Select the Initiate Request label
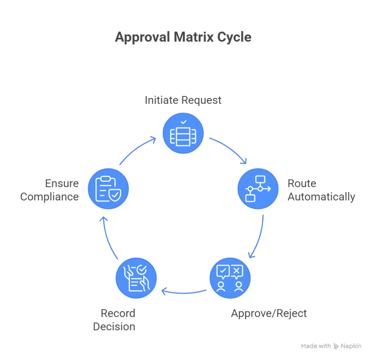pos(183,100)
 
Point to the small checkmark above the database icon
pos(184,122)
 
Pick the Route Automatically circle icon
pos(258,189)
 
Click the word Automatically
pos(321,197)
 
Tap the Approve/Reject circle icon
pos(230,278)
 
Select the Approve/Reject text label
pos(269,313)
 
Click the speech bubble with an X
pos(237,271)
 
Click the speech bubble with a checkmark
pos(223,271)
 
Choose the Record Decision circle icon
pos(136,278)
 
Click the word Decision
pos(114,326)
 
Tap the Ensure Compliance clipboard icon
pos(108,189)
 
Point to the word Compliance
pos(50,197)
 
